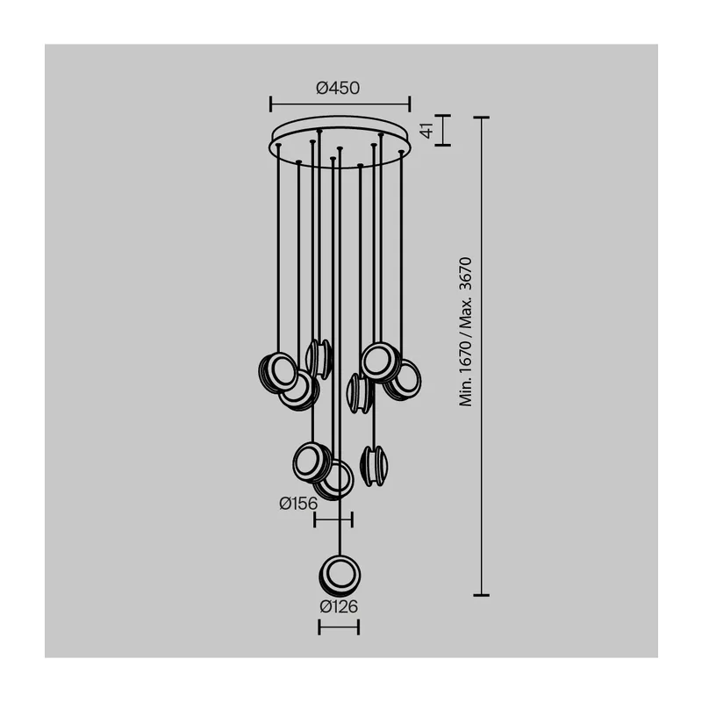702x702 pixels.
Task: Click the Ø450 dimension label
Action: pos(338,89)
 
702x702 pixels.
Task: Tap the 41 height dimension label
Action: pos(428,130)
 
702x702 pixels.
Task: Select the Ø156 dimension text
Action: pos(298,504)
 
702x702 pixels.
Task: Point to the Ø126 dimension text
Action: pos(339,606)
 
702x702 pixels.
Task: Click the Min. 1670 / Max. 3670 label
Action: pos(466,332)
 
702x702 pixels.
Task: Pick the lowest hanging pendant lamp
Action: pos(340,576)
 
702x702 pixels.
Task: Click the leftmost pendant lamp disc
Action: pos(277,372)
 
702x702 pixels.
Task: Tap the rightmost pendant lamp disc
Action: pos(403,380)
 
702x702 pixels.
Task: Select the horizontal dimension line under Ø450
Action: pos(340,104)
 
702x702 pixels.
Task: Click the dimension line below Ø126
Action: pos(339,627)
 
